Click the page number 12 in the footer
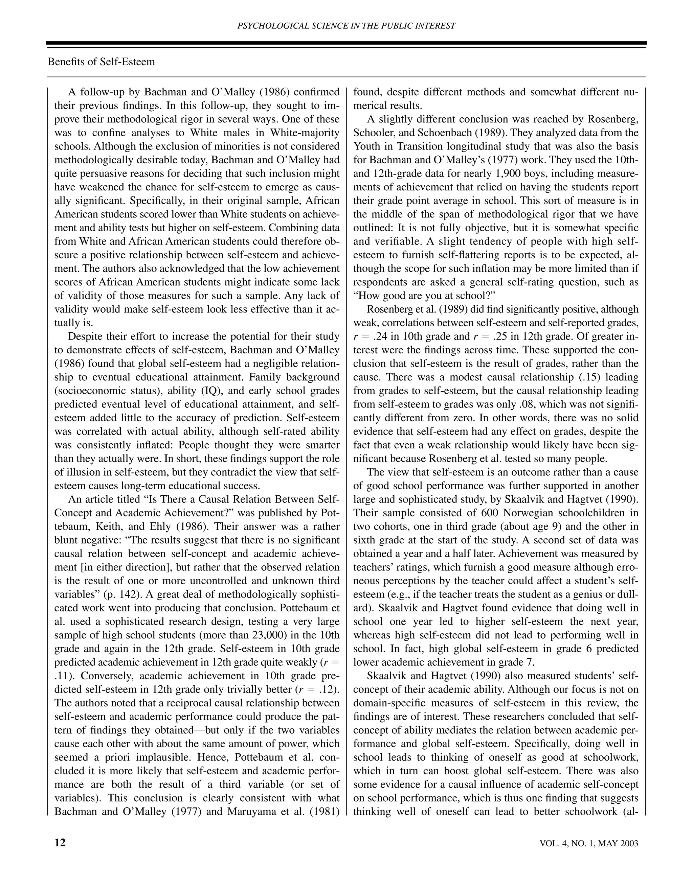click(x=60, y=843)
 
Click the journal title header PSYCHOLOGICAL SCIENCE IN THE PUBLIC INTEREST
click(x=346, y=26)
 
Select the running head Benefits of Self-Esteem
click(x=102, y=62)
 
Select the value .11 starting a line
click(x=62, y=676)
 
